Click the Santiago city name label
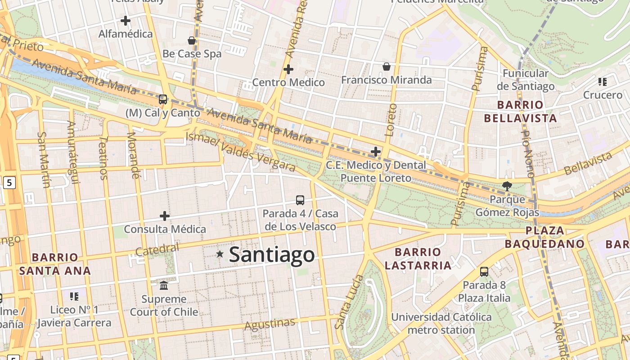point(272,255)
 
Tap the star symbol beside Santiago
point(220,254)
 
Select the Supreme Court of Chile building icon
point(164,286)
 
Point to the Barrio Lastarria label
point(418,259)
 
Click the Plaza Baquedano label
point(544,238)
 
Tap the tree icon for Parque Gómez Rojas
point(507,186)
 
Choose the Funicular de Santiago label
point(526,80)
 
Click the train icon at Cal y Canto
point(163,99)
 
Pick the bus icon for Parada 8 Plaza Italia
point(484,272)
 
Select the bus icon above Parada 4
point(300,200)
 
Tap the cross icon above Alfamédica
point(126,21)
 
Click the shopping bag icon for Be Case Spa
point(192,41)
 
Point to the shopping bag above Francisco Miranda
point(386,67)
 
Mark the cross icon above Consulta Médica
point(165,216)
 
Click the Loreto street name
point(391,120)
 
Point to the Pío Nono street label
point(527,153)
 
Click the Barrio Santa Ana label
point(55,264)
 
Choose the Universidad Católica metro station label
point(441,324)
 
